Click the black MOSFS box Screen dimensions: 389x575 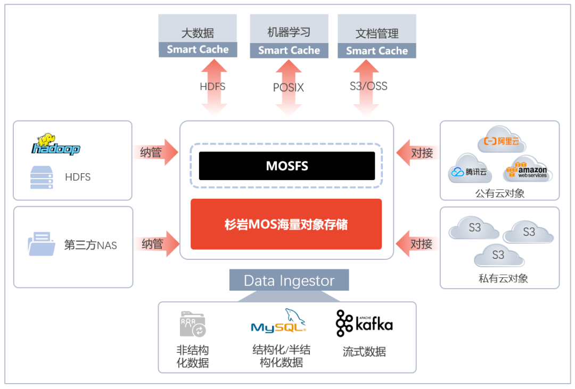[x=286, y=166]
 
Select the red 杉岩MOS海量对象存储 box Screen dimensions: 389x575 [x=286, y=224]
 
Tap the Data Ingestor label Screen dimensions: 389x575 [x=289, y=280]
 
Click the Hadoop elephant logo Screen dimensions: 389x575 [x=55, y=144]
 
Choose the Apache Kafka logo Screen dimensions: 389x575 [x=364, y=323]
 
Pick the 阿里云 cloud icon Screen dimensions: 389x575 [x=501, y=141]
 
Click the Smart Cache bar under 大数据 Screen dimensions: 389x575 [x=198, y=49]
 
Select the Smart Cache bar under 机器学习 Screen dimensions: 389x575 [x=289, y=50]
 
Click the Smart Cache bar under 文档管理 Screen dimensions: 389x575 [x=377, y=51]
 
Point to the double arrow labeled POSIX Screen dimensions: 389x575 [x=289, y=88]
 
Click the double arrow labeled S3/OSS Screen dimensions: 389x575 [x=368, y=87]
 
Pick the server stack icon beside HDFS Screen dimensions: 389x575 [x=42, y=177]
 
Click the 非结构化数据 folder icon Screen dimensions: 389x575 [x=193, y=325]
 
